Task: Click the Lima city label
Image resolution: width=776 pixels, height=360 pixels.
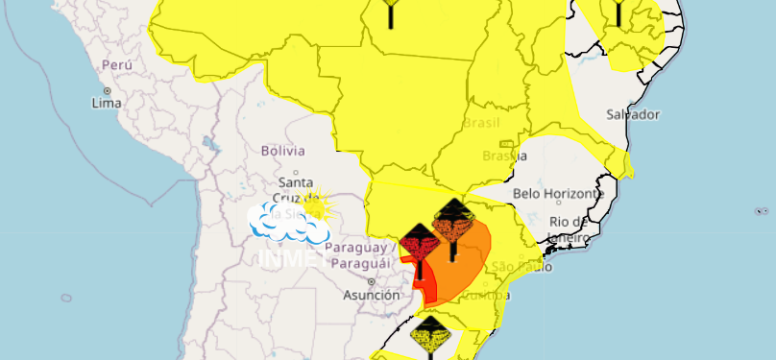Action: [107, 102]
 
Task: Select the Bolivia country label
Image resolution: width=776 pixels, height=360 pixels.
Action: [282, 151]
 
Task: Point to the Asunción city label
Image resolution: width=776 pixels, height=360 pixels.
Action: [371, 296]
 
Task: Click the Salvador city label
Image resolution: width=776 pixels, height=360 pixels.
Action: [633, 114]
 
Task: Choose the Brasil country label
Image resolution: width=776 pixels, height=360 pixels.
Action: [481, 124]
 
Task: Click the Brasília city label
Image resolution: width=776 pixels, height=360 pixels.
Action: [504, 156]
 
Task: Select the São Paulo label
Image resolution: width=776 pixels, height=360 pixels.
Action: [517, 266]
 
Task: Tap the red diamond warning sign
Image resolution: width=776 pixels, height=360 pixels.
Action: [420, 244]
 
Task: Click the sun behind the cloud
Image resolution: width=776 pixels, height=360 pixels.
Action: [315, 204]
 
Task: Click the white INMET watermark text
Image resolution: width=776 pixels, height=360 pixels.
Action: [286, 258]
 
